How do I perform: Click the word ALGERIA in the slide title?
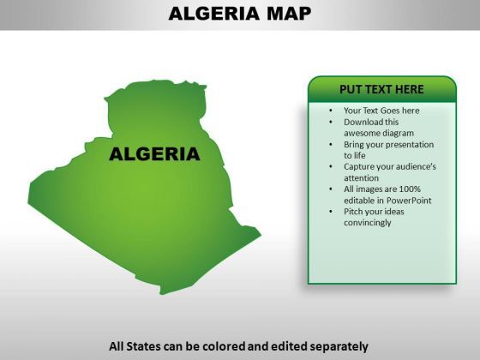(x=213, y=14)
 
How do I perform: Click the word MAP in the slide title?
(x=289, y=14)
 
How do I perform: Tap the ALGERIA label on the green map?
(x=154, y=154)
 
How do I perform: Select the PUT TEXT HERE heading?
(x=381, y=89)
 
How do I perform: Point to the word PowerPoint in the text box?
(x=409, y=201)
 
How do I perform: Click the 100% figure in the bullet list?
(x=410, y=189)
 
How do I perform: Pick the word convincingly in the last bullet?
(x=368, y=223)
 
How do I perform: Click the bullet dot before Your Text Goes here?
(x=331, y=111)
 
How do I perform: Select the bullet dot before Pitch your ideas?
(x=331, y=212)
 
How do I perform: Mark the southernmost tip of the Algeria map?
(x=162, y=294)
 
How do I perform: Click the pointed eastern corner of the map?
(x=261, y=235)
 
